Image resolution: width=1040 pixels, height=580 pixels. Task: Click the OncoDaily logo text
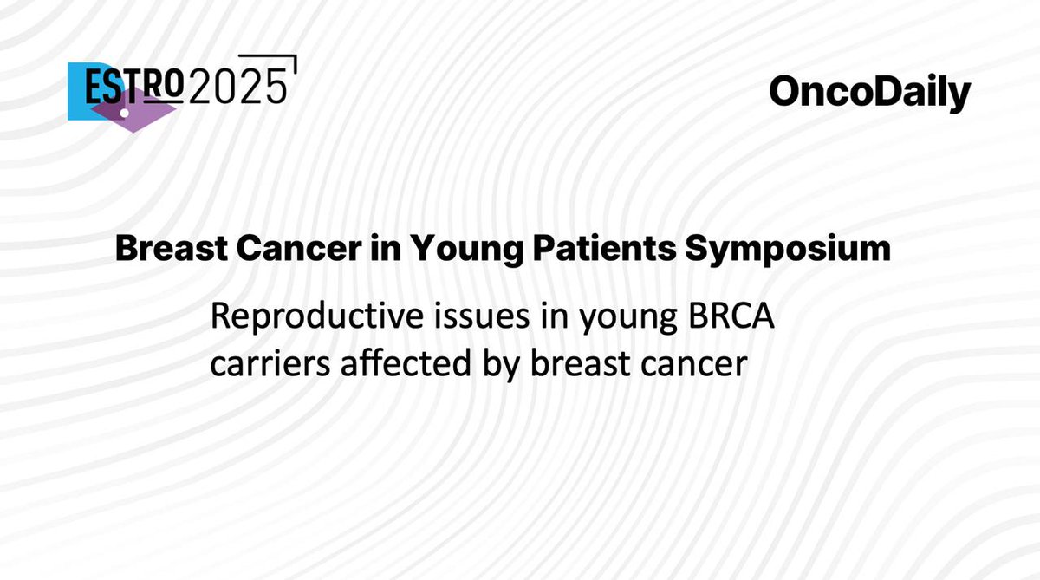coord(869,93)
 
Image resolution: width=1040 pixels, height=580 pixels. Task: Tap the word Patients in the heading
coord(595,250)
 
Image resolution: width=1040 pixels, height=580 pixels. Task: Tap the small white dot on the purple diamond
coord(124,114)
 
